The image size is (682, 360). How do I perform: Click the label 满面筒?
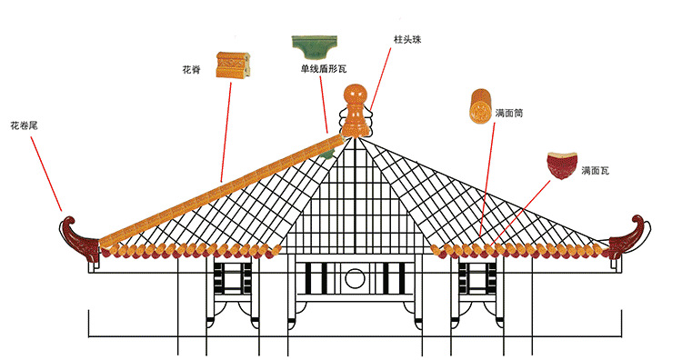pyautogui.click(x=509, y=114)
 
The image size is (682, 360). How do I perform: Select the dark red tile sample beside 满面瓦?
pyautogui.click(x=560, y=166)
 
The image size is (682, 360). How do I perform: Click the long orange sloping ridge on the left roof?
pyautogui.click(x=218, y=185)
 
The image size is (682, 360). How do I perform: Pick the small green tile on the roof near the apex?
pyautogui.click(x=325, y=155)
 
